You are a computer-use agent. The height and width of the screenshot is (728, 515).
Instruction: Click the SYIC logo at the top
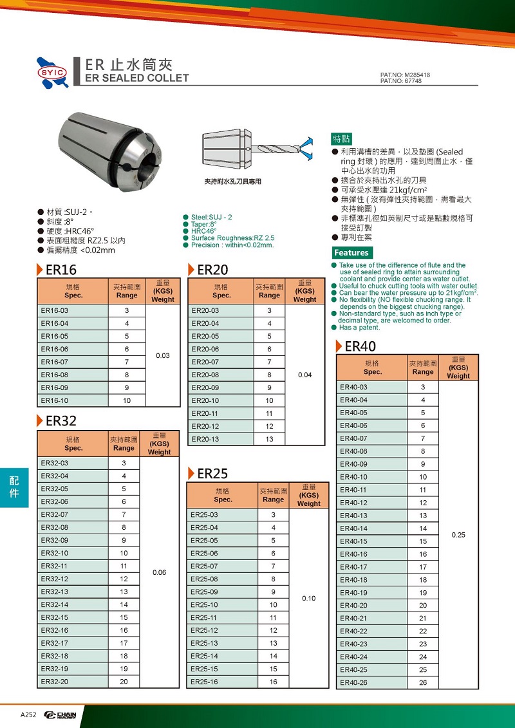point(53,71)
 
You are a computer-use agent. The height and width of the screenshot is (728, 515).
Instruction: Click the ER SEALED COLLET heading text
point(137,78)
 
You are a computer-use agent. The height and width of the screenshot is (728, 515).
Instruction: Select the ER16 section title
point(61,270)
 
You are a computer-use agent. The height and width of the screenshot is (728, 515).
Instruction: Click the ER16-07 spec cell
point(54,362)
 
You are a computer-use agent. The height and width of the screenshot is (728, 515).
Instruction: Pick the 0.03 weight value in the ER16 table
point(163,355)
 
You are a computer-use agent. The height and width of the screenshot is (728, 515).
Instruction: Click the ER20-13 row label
point(205,439)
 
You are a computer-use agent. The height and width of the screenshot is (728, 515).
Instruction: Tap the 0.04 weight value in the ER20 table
point(304,375)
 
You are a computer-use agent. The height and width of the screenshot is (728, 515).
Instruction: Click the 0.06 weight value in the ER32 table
point(159,572)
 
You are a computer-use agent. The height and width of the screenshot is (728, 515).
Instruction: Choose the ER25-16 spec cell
point(204,682)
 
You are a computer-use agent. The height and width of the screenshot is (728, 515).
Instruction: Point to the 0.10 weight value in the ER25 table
point(308,598)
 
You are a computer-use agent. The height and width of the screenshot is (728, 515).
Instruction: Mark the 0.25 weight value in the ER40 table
point(458,535)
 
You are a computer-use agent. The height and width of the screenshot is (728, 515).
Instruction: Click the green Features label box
point(351,253)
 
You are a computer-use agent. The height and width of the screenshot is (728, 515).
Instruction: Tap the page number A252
point(28,715)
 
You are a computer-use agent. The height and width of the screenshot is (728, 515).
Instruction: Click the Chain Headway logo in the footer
point(61,715)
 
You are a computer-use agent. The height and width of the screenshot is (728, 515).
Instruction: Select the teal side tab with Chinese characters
point(14,486)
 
